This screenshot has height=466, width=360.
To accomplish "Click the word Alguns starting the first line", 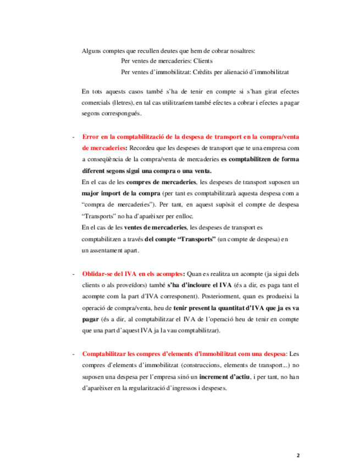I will click(91, 51).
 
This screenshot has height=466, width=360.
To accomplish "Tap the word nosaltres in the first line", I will click(240, 51).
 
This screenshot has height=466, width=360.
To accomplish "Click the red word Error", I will click(92, 137).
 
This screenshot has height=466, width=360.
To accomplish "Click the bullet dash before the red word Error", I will click(73, 137).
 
